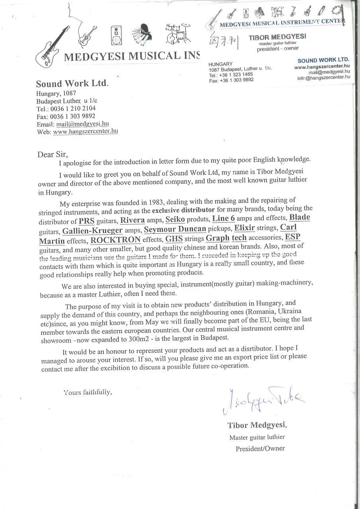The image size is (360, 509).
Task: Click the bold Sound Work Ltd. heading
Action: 72,84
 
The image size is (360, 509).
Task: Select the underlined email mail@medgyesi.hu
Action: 82,124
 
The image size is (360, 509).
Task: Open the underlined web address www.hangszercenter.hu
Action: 85,131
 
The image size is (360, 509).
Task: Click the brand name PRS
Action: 86,221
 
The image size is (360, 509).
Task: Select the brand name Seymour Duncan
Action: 175,229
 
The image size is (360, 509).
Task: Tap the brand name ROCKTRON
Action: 115,240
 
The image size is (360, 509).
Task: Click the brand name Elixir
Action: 244,228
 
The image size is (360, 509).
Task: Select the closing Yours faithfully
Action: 88,392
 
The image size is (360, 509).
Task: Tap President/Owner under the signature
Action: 260,449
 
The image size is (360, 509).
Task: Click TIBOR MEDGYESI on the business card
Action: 277,37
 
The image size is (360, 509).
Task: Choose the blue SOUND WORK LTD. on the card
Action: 323,60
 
